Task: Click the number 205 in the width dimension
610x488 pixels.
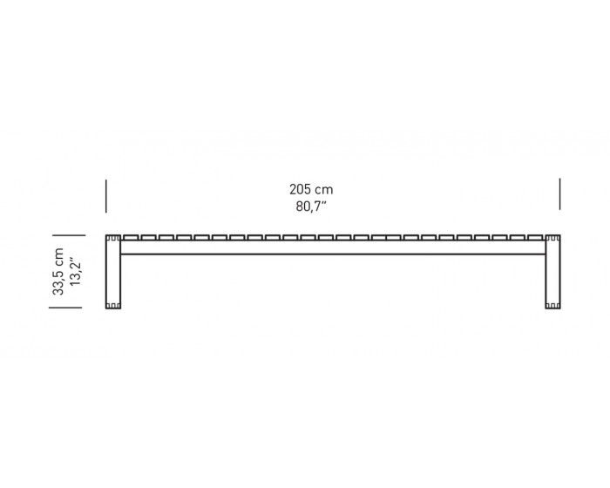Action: (300, 189)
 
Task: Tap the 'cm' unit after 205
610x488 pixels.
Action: (324, 190)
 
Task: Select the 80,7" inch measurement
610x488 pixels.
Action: (311, 207)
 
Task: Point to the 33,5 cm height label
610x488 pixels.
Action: (58, 272)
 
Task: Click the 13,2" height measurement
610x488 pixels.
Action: (75, 272)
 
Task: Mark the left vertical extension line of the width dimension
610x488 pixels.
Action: (105, 196)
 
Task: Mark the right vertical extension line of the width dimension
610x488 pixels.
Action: (559, 193)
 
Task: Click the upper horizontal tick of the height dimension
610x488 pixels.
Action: (69, 235)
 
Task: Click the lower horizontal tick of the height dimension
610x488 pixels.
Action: (65, 308)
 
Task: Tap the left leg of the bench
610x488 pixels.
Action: (113, 272)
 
